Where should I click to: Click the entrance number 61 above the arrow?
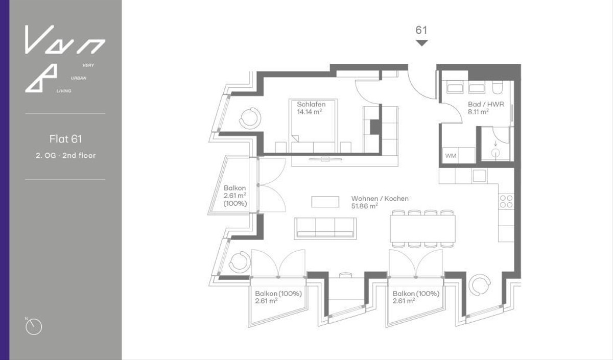click(421, 30)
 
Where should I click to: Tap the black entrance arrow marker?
click(421, 43)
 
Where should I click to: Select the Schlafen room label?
click(311, 104)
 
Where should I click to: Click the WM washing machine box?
click(451, 155)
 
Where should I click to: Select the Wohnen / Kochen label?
click(380, 199)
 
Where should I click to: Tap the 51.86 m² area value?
click(364, 206)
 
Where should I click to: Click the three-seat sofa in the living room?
click(325, 227)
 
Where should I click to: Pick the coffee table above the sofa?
click(325, 201)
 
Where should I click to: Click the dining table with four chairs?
click(422, 228)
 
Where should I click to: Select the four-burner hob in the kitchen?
click(506, 201)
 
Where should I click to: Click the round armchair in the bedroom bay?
click(250, 118)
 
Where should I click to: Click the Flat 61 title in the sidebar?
click(65, 138)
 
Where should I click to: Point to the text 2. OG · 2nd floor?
click(65, 155)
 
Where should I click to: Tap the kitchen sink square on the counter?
click(480, 176)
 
